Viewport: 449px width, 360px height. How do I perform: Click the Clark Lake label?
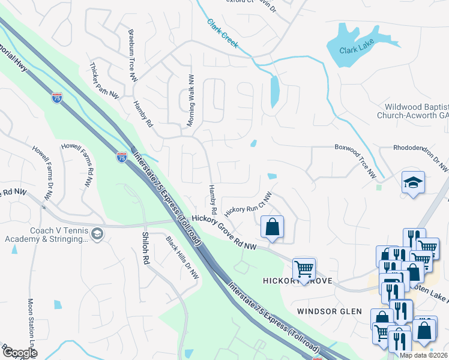356,50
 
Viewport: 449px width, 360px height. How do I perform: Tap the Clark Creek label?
223,34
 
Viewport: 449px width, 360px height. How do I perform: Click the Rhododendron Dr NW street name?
420,157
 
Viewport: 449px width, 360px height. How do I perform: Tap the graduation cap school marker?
412,182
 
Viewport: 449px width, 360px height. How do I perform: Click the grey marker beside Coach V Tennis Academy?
97,233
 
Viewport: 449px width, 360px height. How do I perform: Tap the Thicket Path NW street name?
104,80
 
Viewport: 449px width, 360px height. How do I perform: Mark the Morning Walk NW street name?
191,100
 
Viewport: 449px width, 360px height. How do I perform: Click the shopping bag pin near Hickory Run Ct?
272,227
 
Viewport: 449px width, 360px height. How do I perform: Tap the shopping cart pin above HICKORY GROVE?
304,269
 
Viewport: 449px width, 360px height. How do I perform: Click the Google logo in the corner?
19,353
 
